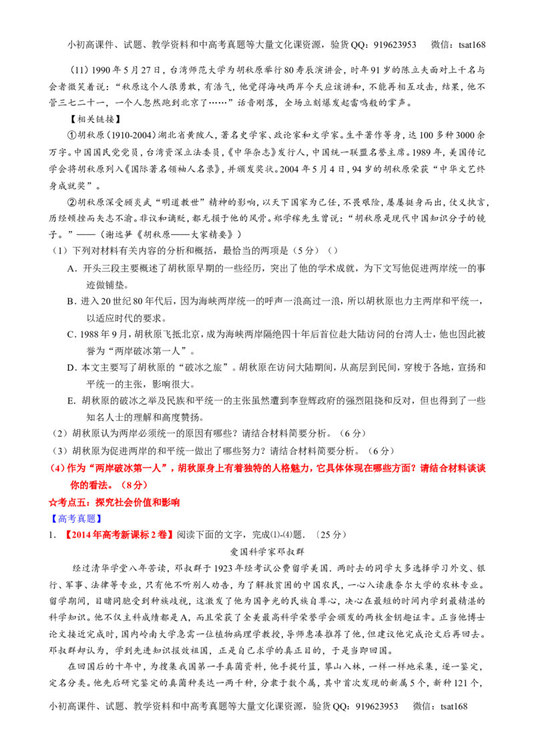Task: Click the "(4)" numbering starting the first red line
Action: tap(53, 469)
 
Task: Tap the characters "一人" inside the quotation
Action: tap(158, 469)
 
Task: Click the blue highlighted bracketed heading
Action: tap(75, 518)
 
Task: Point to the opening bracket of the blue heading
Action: tap(52, 518)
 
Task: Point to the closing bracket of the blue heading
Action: tap(99, 518)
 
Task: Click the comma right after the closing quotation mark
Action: tap(173, 469)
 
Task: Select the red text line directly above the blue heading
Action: tap(114, 502)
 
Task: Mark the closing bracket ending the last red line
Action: tap(173, 534)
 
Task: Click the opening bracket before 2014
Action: tap(66, 534)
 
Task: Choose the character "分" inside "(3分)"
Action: tap(140, 486)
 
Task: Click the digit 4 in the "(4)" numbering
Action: tap(53, 469)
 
